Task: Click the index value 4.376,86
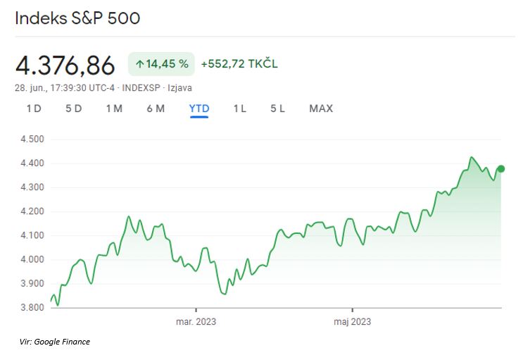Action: (x=65, y=66)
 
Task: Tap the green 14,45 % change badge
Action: (x=161, y=64)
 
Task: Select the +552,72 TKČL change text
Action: (x=239, y=64)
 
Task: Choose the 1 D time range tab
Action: (x=33, y=108)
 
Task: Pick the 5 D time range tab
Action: (x=73, y=108)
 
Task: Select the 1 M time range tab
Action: (x=114, y=108)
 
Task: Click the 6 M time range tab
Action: (x=156, y=108)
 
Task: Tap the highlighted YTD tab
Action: (x=199, y=108)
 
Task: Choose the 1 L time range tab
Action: (x=239, y=108)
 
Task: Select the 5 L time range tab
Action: (x=277, y=108)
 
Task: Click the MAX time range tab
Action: (x=321, y=108)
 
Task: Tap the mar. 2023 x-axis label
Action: (x=196, y=322)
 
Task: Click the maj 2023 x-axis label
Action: (x=352, y=322)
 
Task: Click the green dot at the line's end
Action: (x=501, y=168)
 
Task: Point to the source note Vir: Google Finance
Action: (x=55, y=342)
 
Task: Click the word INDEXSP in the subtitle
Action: (x=142, y=88)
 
